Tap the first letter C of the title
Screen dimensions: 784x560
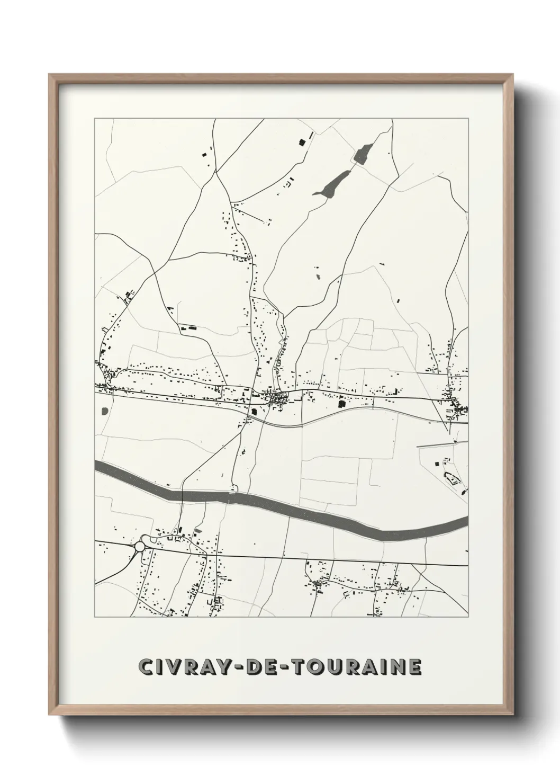coord(146,667)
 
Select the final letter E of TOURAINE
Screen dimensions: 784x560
coord(414,667)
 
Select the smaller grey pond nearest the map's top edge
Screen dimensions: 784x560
coord(363,154)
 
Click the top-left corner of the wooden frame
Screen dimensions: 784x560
coord(50,75)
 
